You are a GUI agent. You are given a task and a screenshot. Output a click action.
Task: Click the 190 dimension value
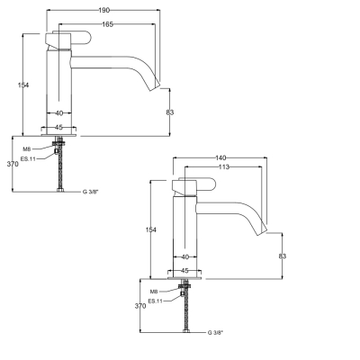coord(104,10)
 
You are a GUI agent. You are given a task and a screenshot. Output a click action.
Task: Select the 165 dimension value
coord(107,24)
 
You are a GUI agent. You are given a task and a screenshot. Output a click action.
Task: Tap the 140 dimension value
coord(221,157)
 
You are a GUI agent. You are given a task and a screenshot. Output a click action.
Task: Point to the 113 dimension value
coord(223,166)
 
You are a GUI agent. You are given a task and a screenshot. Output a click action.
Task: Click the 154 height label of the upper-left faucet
coord(23,85)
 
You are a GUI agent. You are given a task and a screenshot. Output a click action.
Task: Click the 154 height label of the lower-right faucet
coord(151,229)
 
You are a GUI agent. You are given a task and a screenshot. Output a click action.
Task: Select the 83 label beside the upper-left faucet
coord(170,112)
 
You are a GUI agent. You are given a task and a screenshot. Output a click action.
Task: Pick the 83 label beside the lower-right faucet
coord(283,256)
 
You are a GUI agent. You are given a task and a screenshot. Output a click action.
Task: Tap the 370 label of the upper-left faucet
coord(13,164)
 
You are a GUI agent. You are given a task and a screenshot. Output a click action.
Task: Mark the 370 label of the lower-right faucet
coord(140,306)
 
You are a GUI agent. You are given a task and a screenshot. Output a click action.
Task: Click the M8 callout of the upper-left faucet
coord(27,149)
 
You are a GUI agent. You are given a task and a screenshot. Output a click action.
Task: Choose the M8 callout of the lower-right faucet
coord(154,292)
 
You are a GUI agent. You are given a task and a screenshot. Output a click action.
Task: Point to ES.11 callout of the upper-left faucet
coord(28,158)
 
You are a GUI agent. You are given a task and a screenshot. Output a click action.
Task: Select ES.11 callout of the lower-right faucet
coord(156,301)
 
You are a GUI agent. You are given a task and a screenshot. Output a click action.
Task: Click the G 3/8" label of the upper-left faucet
coord(91,192)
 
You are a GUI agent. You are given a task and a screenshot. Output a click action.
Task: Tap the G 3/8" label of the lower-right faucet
coord(215,332)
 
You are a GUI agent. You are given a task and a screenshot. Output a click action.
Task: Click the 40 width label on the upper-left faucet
coord(59,113)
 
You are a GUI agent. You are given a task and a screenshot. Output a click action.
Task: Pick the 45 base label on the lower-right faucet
coord(185,271)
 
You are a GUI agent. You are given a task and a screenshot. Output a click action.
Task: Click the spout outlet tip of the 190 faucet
coord(155,85)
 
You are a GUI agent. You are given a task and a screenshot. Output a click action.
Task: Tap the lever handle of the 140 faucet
coord(194,184)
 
